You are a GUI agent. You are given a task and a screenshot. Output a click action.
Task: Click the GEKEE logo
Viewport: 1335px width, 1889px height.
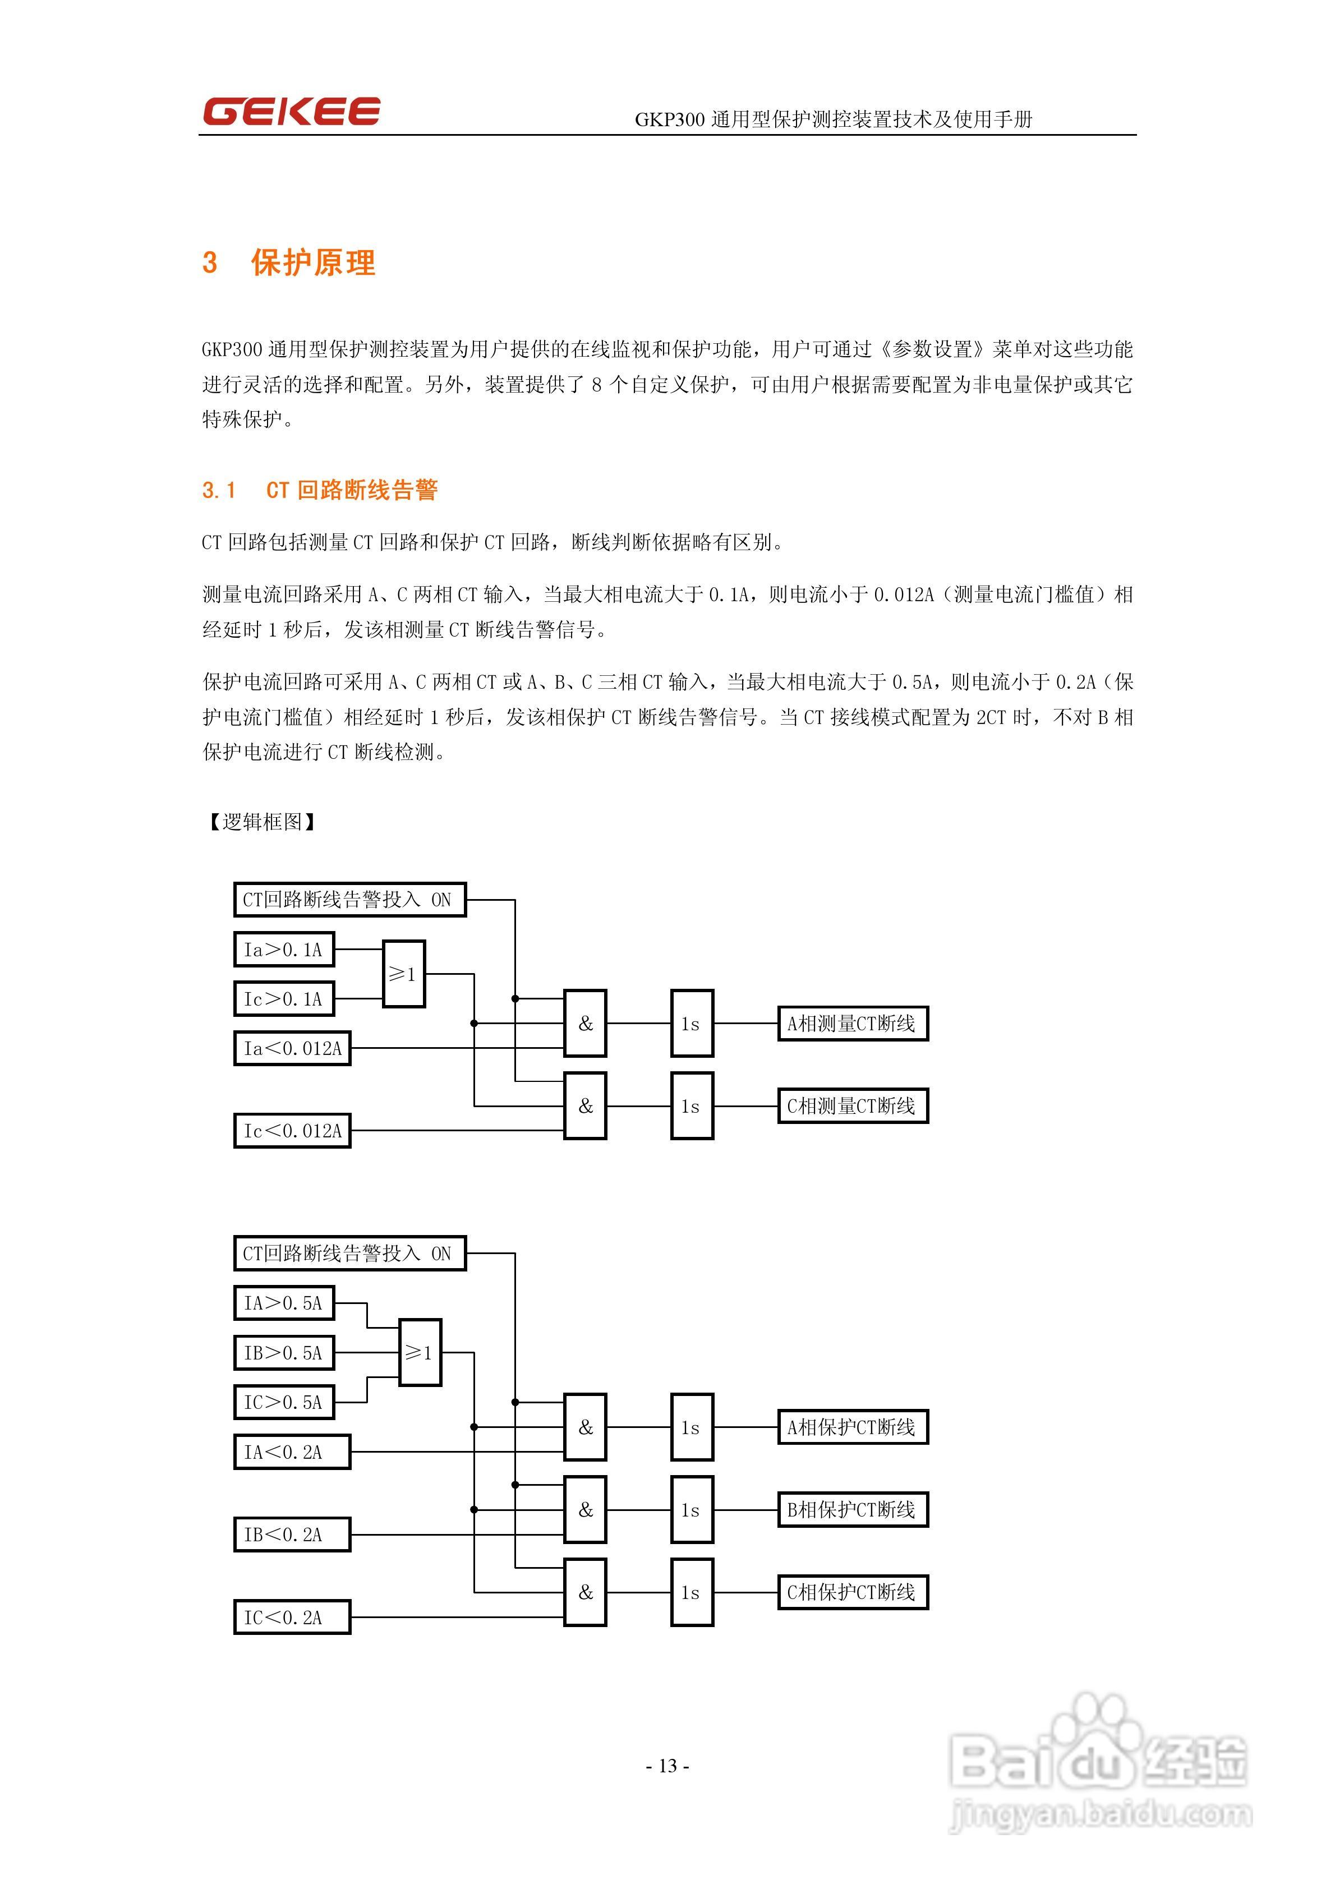pyautogui.click(x=291, y=111)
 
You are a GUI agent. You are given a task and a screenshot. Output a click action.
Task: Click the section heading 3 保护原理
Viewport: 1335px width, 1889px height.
pyautogui.click(x=289, y=262)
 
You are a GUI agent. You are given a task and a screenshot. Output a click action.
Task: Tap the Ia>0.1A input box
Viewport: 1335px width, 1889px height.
pyautogui.click(x=284, y=950)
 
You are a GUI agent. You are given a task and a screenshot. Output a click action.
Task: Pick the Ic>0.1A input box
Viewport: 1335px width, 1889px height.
pyautogui.click(x=284, y=999)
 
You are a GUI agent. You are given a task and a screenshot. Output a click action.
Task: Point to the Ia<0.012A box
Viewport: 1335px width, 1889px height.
pyautogui.click(x=292, y=1048)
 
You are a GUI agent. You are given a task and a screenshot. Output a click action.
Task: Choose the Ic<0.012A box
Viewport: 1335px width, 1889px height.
pyautogui.click(x=292, y=1131)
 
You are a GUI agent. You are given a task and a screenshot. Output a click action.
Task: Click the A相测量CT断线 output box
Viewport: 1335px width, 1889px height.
pyautogui.click(x=853, y=1024)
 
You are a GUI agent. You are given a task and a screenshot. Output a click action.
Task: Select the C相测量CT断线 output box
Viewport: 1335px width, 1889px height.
pyautogui.click(x=853, y=1106)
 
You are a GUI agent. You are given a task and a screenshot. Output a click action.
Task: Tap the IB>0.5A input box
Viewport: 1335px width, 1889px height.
pyautogui.click(x=284, y=1353)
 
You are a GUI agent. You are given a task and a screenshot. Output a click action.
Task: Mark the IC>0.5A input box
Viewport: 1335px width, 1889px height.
pyautogui.click(x=284, y=1402)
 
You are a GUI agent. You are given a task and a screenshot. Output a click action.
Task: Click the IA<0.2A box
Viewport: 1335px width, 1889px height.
pyautogui.click(x=292, y=1452)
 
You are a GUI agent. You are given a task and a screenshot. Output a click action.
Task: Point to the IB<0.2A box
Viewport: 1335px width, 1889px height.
pyautogui.click(x=292, y=1535)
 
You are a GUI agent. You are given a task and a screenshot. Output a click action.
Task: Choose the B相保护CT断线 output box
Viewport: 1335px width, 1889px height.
pyautogui.click(x=853, y=1510)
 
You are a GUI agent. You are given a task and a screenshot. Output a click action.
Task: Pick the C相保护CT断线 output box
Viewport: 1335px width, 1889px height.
pyautogui.click(x=853, y=1592)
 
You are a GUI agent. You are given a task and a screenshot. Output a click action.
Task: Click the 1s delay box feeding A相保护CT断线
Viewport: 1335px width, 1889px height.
pyautogui.click(x=692, y=1427)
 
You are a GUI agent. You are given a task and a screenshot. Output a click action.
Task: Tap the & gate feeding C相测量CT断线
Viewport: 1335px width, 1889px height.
pyautogui.click(x=585, y=1106)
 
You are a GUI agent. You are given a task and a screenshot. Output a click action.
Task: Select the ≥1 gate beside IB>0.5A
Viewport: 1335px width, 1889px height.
pyautogui.click(x=420, y=1353)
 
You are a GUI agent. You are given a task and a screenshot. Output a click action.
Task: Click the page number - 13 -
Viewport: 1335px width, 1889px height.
pyautogui.click(x=667, y=1766)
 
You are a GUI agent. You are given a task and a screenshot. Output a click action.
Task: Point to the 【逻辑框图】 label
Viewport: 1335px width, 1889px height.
pyautogui.click(x=261, y=821)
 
